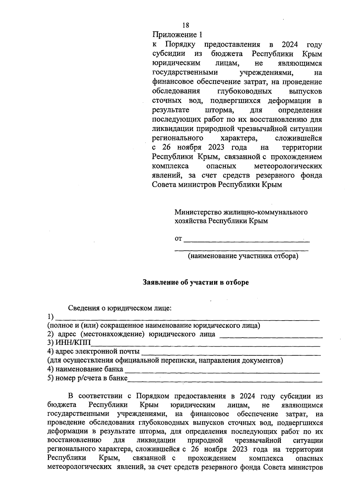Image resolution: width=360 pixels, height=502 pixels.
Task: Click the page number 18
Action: tap(186, 25)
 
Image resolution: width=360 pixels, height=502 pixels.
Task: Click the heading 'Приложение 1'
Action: tap(178, 35)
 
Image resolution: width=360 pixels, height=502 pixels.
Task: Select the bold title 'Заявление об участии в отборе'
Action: tap(196, 282)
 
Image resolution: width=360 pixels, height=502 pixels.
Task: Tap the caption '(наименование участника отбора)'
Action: tap(243, 256)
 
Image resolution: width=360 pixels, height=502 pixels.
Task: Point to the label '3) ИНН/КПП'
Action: tap(69, 343)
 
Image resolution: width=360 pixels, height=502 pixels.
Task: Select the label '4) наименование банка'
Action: tap(85, 369)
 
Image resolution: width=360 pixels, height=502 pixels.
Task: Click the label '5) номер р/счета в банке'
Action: tap(87, 378)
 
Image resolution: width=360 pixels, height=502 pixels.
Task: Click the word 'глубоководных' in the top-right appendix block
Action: tap(244, 91)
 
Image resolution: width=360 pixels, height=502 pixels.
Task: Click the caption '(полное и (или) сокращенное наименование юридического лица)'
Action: tap(154, 326)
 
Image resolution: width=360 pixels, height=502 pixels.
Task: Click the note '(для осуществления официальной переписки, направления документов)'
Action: tap(165, 360)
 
